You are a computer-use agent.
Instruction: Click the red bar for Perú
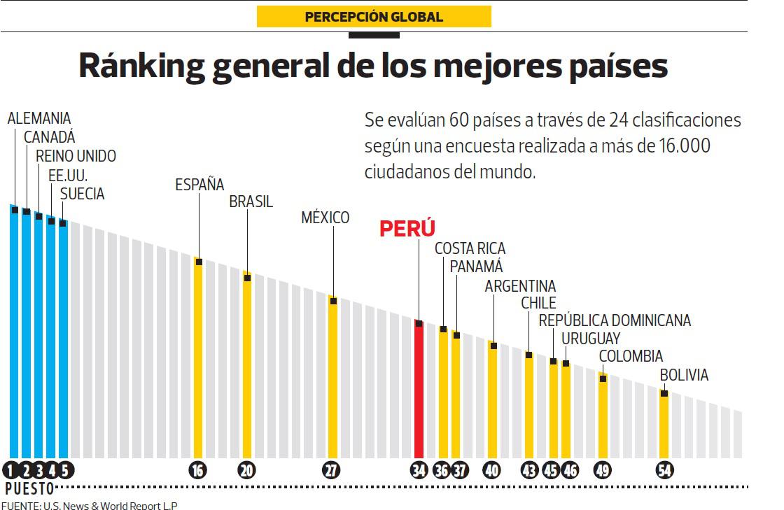point(419,392)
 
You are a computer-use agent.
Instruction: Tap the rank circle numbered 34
point(419,471)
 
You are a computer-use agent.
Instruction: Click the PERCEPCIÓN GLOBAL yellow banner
point(374,17)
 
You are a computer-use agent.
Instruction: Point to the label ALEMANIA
point(39,119)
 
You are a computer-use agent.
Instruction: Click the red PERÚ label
point(407,229)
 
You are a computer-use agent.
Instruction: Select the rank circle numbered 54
point(664,471)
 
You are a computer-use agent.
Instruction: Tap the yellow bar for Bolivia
point(664,427)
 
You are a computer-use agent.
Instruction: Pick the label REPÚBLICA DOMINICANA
point(615,320)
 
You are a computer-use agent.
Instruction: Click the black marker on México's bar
point(333,301)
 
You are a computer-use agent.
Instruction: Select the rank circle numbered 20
point(246,471)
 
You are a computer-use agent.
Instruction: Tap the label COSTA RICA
point(470,248)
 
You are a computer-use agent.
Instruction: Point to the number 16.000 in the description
point(685,146)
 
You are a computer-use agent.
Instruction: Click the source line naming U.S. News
point(89,505)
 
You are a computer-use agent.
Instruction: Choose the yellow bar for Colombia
point(603,420)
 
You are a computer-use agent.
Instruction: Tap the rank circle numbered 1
point(12,471)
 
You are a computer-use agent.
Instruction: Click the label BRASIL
point(251,202)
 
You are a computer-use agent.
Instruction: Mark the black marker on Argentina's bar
point(493,346)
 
